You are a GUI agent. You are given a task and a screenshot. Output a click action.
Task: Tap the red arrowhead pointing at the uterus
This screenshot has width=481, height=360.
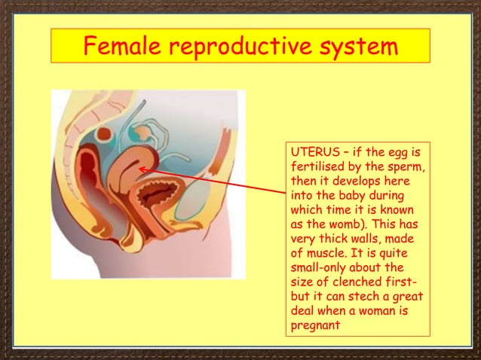coord(142,170)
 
